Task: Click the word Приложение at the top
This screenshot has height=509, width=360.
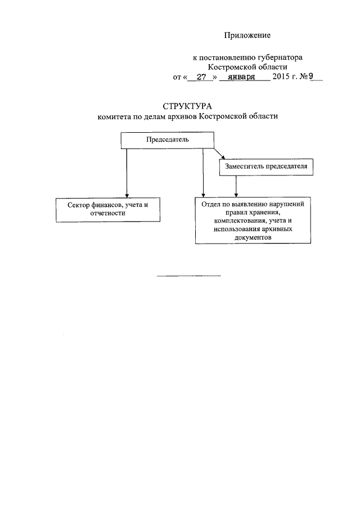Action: tap(247, 35)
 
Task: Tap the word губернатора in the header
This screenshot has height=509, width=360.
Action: tap(281, 57)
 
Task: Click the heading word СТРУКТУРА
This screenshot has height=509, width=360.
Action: tap(186, 106)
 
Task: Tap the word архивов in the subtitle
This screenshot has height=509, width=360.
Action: tap(178, 116)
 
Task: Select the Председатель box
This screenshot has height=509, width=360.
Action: tap(168, 140)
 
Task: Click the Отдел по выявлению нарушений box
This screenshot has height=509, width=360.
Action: tap(253, 220)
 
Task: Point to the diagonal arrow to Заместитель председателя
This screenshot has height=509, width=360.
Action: tap(219, 154)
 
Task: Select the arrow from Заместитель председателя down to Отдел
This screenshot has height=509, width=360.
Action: tap(236, 185)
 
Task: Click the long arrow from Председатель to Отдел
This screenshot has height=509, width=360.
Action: tap(202, 172)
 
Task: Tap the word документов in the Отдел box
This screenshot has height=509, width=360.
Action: tap(253, 238)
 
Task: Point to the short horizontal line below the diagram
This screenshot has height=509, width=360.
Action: tap(188, 276)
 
